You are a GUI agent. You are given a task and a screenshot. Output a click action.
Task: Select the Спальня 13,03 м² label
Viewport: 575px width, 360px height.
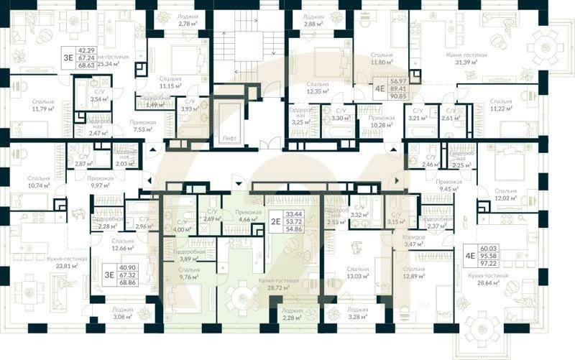pos(357,272)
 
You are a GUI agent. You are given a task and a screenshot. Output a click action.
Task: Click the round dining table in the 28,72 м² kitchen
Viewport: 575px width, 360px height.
pos(243,295)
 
